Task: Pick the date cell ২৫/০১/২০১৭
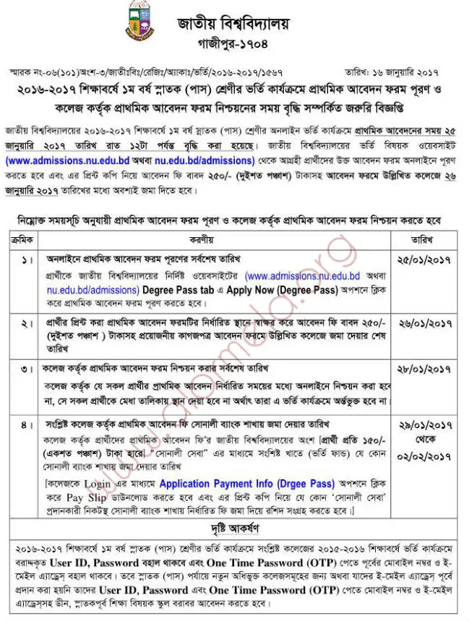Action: tap(423, 259)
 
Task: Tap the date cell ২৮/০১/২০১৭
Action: tap(423, 369)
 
